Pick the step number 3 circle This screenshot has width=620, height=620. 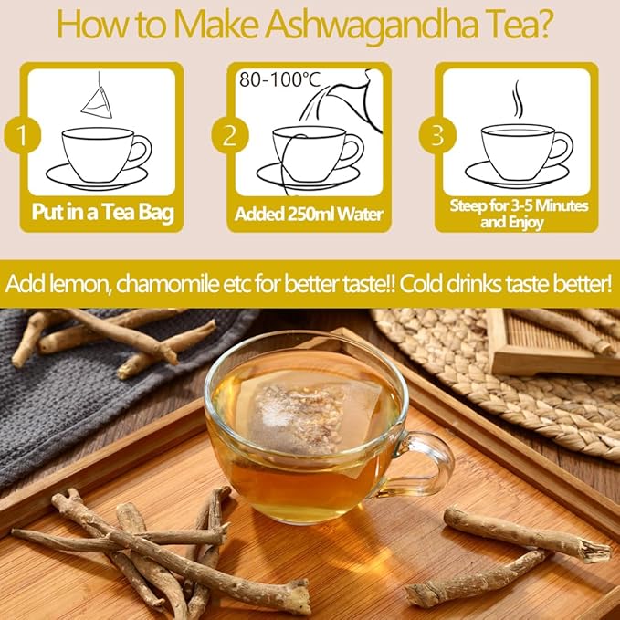click(436, 137)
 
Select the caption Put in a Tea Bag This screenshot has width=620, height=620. click(102, 215)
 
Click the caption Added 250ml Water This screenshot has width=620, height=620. click(309, 215)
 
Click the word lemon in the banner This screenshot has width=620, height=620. click(75, 282)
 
